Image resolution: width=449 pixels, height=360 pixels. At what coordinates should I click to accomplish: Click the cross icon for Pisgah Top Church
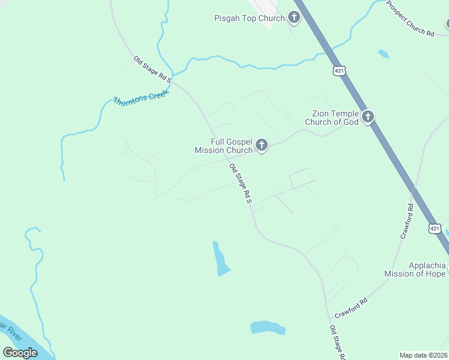[x=294, y=17]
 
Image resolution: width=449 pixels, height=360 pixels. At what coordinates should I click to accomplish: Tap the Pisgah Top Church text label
[x=249, y=18]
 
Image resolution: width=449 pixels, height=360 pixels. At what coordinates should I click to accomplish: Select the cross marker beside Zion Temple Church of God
[x=367, y=116]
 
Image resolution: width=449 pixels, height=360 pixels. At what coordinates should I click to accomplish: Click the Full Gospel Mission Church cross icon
[x=261, y=145]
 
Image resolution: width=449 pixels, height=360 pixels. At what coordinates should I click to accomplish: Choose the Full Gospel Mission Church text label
[x=223, y=146]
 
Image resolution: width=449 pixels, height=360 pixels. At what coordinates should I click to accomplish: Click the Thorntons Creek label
[x=142, y=96]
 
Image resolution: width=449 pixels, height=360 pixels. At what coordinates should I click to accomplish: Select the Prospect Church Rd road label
[x=410, y=19]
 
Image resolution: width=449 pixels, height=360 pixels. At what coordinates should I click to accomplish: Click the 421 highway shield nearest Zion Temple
[x=340, y=71]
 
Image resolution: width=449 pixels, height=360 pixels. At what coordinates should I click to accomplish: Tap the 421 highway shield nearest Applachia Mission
[x=435, y=229]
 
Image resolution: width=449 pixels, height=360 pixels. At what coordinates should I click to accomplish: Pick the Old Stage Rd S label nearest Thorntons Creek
[x=152, y=69]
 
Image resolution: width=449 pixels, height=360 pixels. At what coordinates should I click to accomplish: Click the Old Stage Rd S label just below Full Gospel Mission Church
[x=240, y=184]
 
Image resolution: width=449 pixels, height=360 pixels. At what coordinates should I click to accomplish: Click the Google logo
[x=20, y=353]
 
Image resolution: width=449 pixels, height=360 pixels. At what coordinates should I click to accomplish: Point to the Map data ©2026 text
[x=423, y=355]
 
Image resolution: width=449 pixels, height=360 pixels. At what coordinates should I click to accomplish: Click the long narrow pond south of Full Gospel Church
[x=220, y=259]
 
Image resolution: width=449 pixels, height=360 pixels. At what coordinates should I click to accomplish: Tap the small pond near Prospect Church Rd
[x=383, y=54]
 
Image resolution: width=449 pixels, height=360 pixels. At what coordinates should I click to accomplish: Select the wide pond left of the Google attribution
[x=267, y=328]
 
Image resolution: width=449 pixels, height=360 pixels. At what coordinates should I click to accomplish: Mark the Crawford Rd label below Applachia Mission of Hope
[x=351, y=307]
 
